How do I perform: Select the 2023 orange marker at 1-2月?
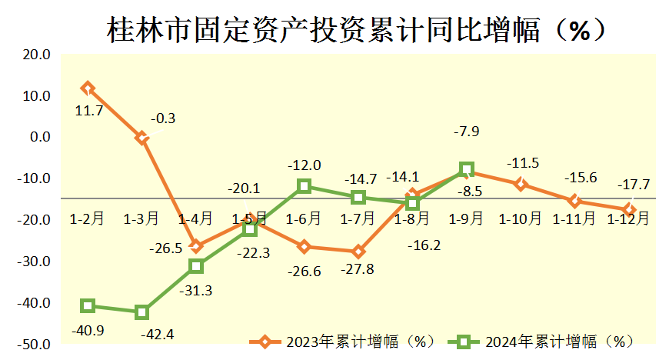click(88, 88)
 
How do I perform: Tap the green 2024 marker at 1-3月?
click(141, 312)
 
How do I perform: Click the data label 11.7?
click(89, 111)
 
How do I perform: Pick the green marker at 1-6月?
click(304, 186)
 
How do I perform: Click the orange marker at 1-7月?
click(358, 252)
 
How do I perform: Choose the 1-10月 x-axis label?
click(520, 219)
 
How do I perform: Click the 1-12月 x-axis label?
click(628, 219)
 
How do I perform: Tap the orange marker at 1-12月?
click(629, 209)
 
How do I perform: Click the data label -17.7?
click(634, 185)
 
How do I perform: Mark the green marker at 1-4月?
click(196, 266)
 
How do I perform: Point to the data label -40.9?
click(90, 329)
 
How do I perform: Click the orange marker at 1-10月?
click(521, 184)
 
